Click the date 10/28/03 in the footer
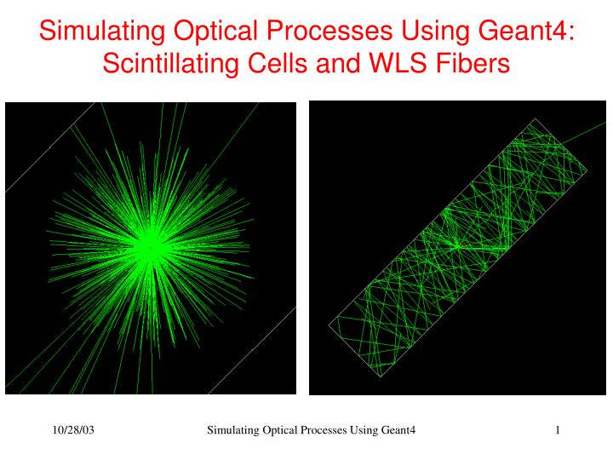coord(72,431)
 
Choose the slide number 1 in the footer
coord(557,431)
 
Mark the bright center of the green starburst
coord(150,248)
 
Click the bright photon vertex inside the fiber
coord(457,245)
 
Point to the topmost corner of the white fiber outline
coord(536,118)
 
